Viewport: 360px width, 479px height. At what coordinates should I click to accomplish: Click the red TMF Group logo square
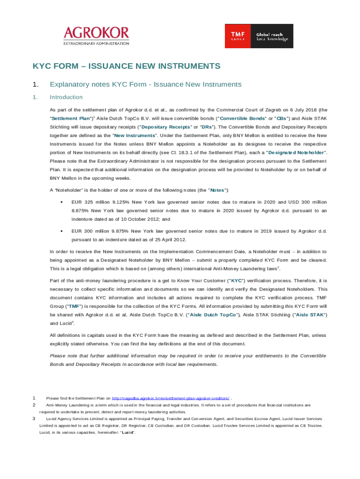click(x=238, y=36)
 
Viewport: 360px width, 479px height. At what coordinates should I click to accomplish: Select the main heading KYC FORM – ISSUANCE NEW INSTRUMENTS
click(x=126, y=66)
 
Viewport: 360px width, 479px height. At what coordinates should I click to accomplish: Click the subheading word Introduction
click(x=66, y=97)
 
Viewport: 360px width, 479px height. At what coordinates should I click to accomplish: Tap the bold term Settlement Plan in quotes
click(x=71, y=118)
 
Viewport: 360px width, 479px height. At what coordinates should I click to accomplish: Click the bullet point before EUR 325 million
click(x=62, y=202)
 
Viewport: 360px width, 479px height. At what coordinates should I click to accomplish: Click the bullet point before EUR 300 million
click(x=62, y=231)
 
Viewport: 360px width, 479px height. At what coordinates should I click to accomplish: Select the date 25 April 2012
click(x=168, y=240)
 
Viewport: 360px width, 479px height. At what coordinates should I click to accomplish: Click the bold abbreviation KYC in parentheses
click(x=237, y=281)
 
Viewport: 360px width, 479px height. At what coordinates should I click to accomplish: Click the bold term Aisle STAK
click(x=310, y=315)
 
